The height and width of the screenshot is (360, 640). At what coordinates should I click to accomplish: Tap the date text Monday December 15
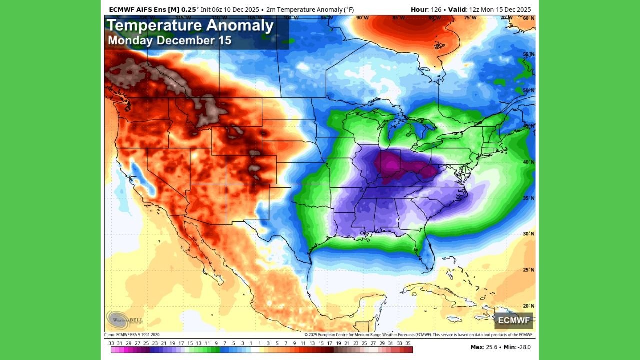click(x=169, y=41)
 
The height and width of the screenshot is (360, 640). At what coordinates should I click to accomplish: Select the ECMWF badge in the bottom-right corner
click(x=513, y=320)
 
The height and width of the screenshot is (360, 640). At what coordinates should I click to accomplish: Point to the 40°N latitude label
click(x=528, y=162)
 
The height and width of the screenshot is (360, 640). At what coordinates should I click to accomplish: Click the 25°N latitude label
click(x=528, y=270)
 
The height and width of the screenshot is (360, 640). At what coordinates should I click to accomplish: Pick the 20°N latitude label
click(x=528, y=306)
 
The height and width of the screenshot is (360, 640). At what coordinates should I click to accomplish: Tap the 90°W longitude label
click(x=362, y=18)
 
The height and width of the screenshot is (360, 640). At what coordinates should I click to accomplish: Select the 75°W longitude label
click(x=470, y=18)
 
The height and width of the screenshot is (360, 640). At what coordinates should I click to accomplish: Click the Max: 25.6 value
click(x=483, y=347)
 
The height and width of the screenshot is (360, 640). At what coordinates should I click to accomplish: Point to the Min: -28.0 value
click(x=517, y=347)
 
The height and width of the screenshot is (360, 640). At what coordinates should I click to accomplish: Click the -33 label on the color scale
click(x=111, y=343)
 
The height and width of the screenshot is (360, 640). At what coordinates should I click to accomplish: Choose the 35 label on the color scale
click(x=408, y=343)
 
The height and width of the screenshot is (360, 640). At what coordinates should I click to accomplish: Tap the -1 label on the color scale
click(x=251, y=343)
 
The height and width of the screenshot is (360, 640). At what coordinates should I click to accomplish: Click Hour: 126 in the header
click(x=425, y=9)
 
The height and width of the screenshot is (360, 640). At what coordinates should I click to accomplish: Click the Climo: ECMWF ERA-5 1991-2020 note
click(x=132, y=335)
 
